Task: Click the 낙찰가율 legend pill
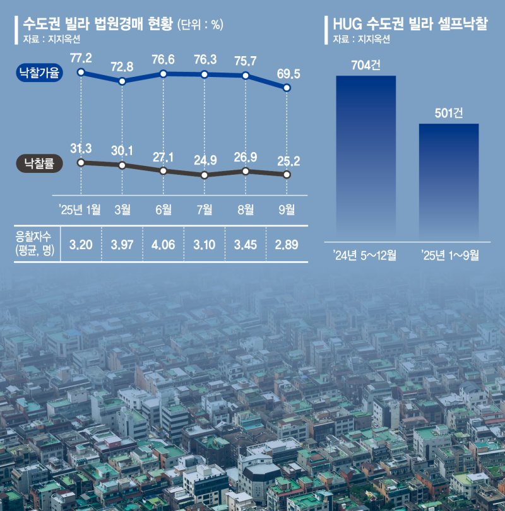click(x=40, y=74)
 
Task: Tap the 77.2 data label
click(x=81, y=59)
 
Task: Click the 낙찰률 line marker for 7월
click(x=205, y=175)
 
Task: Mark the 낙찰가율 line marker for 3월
click(x=122, y=81)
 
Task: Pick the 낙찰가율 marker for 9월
click(x=287, y=88)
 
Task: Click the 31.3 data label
click(x=81, y=148)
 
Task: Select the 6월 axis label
click(x=163, y=209)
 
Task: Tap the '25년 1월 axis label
click(x=79, y=209)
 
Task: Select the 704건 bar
click(x=365, y=158)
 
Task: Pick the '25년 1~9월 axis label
click(x=449, y=255)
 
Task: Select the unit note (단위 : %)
click(x=200, y=25)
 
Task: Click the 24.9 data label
click(x=205, y=158)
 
